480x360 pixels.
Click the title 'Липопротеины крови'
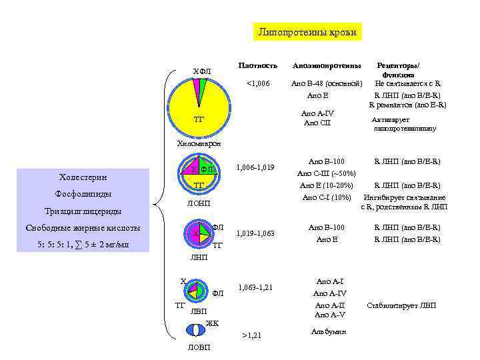(307, 32)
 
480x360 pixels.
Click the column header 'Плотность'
(257, 66)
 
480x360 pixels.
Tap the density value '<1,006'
(258, 83)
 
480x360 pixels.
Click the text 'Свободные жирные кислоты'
(83, 227)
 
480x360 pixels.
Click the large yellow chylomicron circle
(200, 100)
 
